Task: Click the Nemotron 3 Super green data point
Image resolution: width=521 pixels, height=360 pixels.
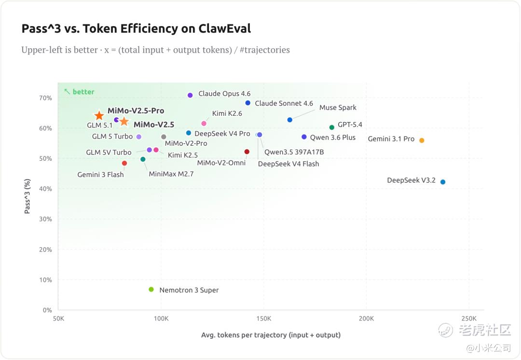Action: point(151,290)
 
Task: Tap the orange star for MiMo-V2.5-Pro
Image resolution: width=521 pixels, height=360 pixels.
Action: point(99,116)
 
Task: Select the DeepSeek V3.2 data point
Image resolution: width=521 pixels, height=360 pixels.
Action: point(443,182)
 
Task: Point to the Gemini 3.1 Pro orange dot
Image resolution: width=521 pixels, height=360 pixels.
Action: point(422,140)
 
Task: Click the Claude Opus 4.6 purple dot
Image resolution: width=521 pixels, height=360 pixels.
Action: point(190,96)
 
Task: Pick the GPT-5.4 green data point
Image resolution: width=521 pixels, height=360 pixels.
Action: point(332,127)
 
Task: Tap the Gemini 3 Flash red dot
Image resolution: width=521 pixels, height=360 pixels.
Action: point(124,164)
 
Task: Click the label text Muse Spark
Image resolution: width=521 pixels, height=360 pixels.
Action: point(338,108)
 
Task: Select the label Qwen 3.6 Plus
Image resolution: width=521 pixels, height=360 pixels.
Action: point(332,138)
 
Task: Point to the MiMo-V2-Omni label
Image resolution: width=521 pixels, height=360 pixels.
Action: point(221,163)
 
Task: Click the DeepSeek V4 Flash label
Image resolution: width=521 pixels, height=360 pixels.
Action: point(288,164)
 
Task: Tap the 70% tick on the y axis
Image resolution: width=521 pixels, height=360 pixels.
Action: point(45,98)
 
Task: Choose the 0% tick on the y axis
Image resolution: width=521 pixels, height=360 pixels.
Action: point(47,310)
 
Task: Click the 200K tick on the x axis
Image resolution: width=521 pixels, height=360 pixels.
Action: point(366,318)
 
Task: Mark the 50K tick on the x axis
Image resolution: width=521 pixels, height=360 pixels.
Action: point(58,318)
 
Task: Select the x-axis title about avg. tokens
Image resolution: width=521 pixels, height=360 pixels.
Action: point(271,335)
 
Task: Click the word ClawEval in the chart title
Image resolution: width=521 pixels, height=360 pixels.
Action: point(224,28)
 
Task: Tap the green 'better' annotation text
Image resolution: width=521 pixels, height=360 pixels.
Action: point(83,92)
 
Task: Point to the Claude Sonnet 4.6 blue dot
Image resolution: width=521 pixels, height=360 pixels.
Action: point(248,103)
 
